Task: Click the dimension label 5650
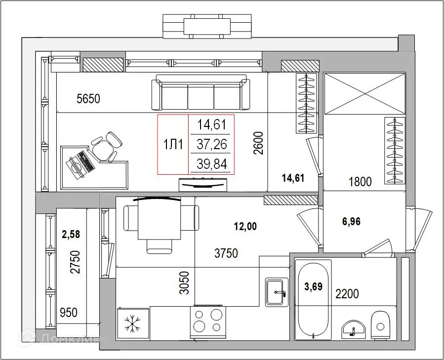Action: coord(88,99)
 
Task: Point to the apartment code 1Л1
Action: coord(173,145)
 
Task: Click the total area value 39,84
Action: coord(212,164)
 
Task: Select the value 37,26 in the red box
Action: coord(212,145)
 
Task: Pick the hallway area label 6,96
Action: coord(351,222)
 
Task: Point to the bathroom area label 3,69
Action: coord(314,286)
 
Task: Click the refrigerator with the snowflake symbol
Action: coord(132,323)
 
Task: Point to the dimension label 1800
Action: coord(360,182)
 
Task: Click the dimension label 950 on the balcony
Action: coord(69,312)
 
